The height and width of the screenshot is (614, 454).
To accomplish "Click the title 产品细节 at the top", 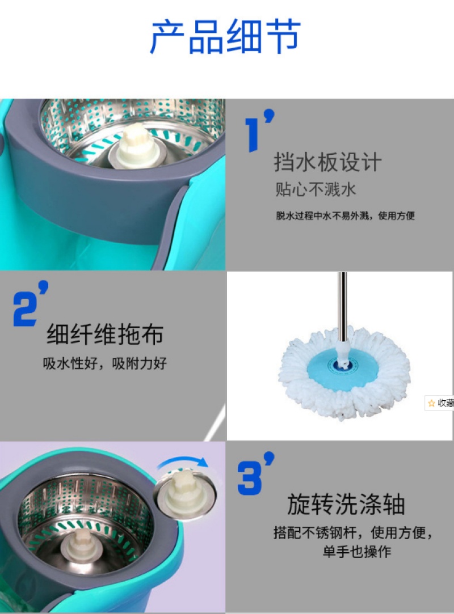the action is (x=225, y=36).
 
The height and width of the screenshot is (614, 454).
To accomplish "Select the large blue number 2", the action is (x=25, y=308).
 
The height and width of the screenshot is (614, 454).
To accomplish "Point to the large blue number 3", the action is (x=250, y=478).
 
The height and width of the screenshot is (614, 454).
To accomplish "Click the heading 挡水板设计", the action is (x=327, y=162).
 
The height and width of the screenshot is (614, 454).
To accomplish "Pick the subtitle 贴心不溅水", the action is (x=315, y=189).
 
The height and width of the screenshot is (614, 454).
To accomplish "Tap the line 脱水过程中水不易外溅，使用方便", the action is (x=345, y=215).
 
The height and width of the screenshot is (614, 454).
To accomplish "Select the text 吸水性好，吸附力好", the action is (x=104, y=363).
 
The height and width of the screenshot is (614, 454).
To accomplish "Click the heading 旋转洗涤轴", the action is (x=346, y=504).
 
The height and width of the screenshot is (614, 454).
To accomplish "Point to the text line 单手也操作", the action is (x=357, y=552).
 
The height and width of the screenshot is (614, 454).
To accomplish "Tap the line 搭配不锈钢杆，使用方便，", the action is (x=353, y=532).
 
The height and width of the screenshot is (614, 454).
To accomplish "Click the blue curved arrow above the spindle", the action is (x=183, y=460).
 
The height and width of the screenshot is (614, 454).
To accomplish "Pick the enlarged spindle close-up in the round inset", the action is (x=184, y=495).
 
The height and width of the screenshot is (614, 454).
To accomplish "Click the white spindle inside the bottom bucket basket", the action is (x=81, y=546).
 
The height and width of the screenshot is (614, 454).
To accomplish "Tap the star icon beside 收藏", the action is (x=432, y=403).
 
